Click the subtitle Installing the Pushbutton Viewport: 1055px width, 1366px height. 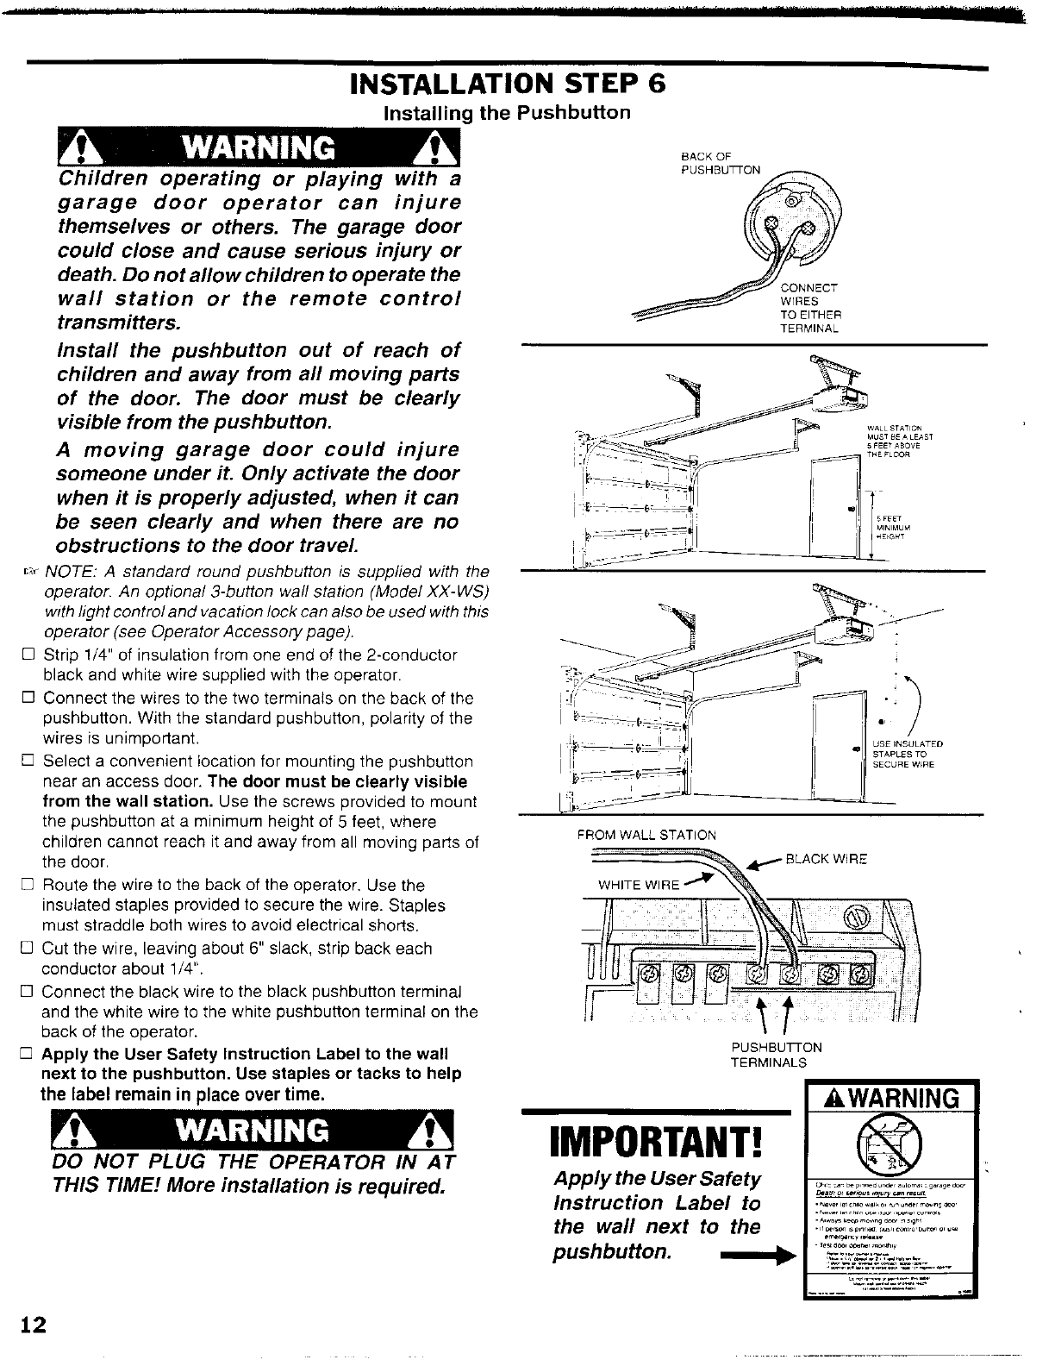[x=507, y=113]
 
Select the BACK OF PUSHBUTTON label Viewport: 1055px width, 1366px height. [x=720, y=163]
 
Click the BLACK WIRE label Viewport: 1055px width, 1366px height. [x=826, y=859]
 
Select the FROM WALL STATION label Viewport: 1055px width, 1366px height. [x=646, y=835]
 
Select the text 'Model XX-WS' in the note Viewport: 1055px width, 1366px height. [x=443, y=592]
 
